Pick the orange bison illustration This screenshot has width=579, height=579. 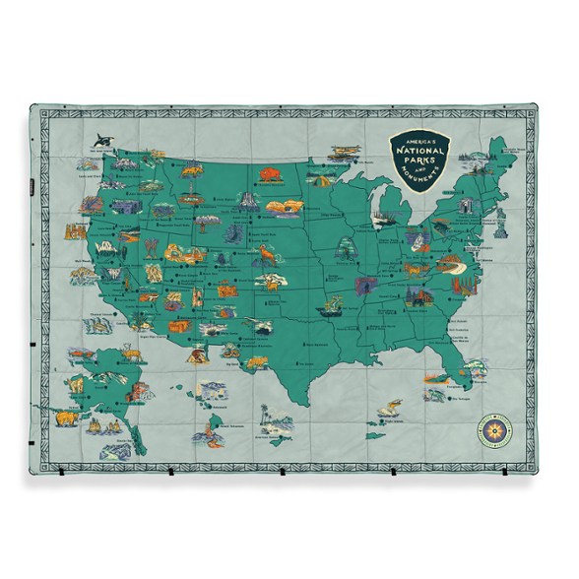point(267,178)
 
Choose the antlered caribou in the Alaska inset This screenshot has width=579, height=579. point(75,383)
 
